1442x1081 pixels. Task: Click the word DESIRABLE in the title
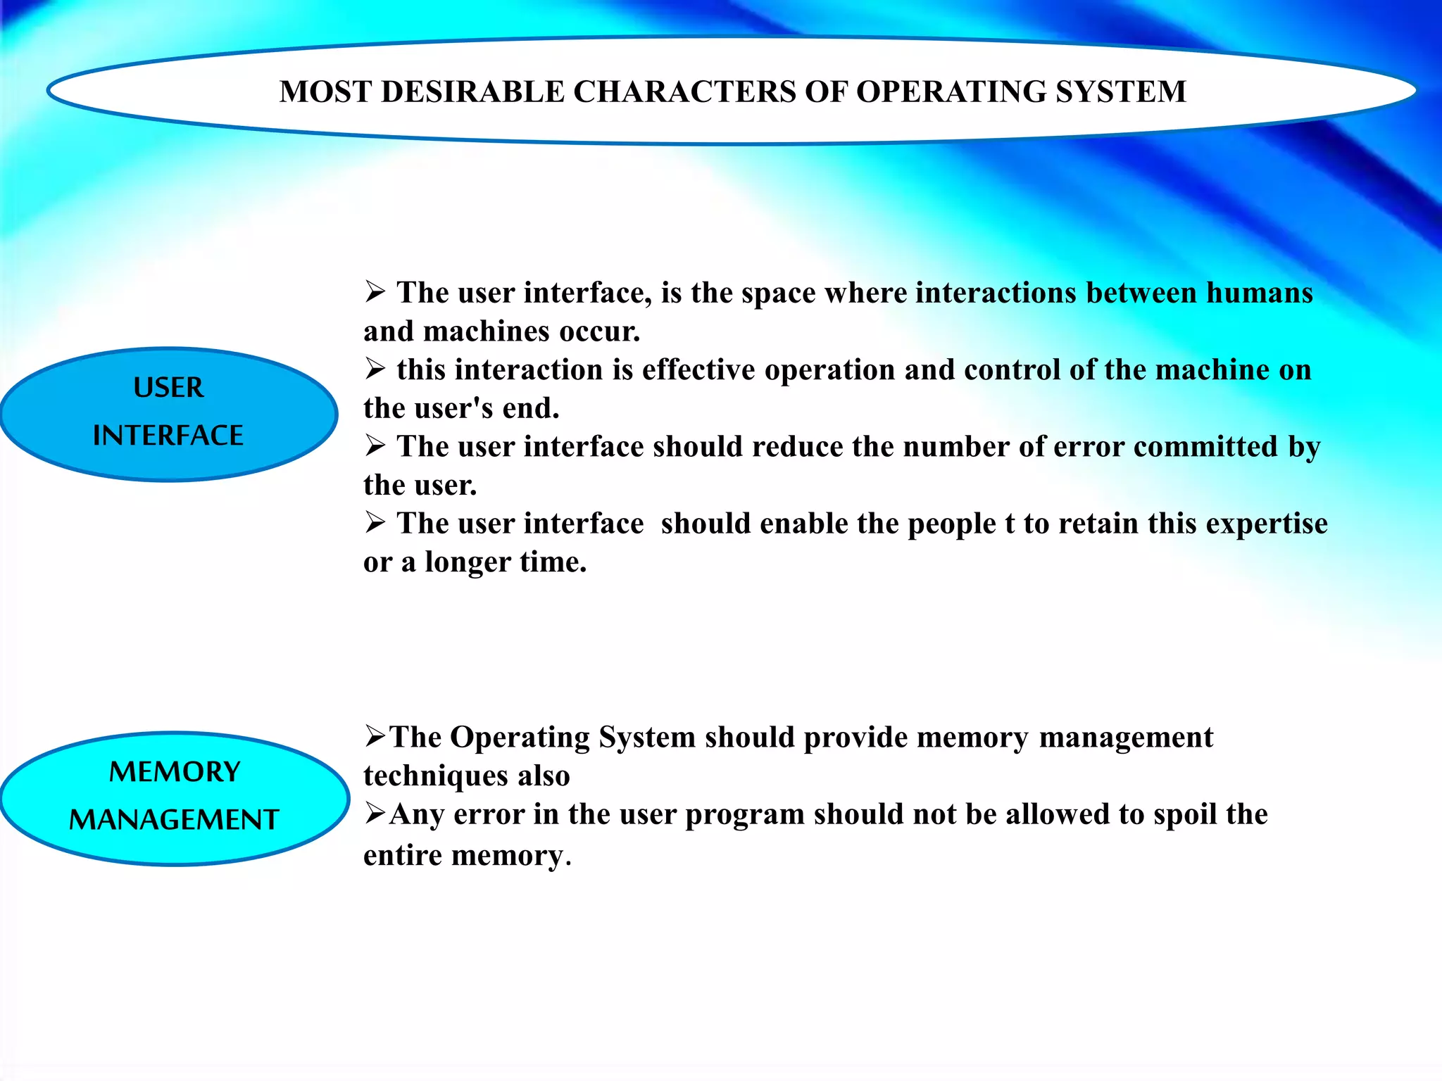(x=472, y=92)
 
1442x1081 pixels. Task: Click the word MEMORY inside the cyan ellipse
(x=175, y=772)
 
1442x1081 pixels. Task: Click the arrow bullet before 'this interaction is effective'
(x=375, y=368)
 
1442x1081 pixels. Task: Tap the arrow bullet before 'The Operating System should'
(x=375, y=736)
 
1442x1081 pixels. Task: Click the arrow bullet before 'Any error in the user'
(x=375, y=814)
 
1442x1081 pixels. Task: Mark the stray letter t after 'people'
(x=1010, y=524)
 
